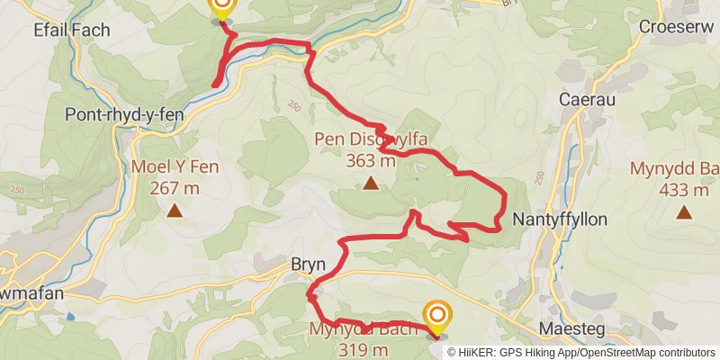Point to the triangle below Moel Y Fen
pos(174,212)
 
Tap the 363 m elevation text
pos(370,161)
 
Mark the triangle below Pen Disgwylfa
pos(370,184)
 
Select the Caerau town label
pos(587,100)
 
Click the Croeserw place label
pos(676,27)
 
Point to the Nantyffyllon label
pos(560,219)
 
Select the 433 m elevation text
pos(684,190)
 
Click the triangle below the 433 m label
pos(684,213)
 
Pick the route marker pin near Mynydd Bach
pos(437,317)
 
